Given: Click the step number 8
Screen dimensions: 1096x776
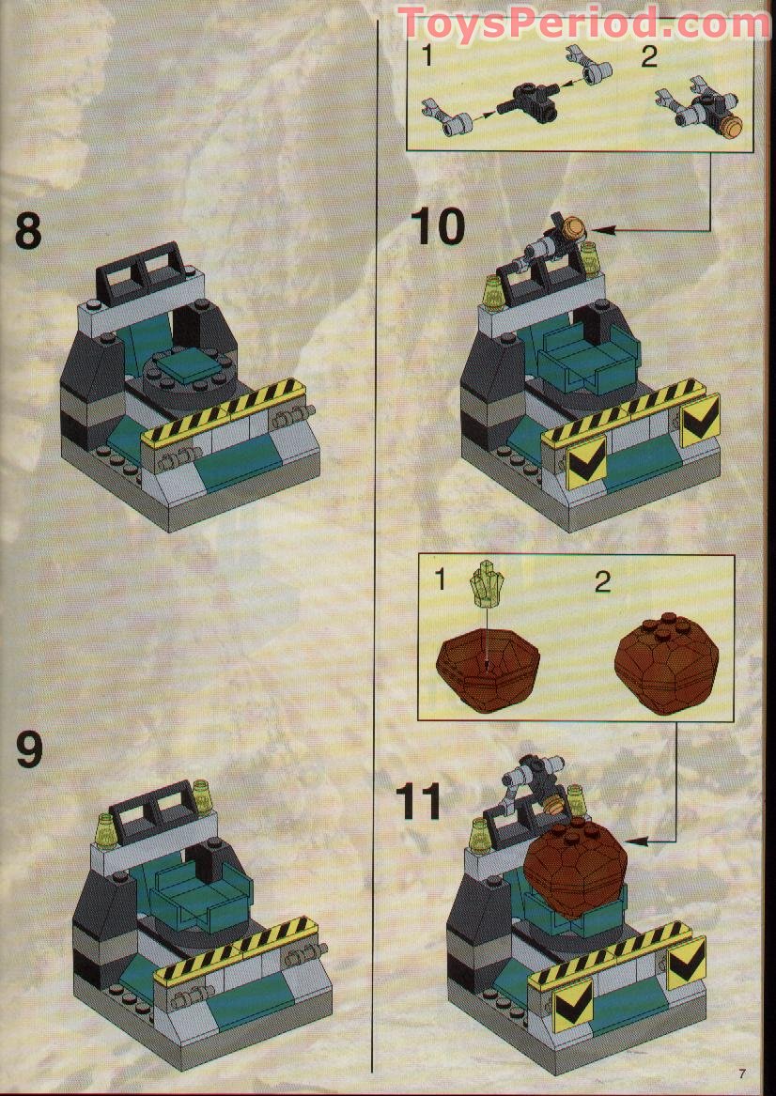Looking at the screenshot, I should [x=28, y=231].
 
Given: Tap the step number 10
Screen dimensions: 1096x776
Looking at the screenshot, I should [x=437, y=226].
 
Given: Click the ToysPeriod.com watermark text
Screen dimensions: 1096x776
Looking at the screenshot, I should [x=582, y=23].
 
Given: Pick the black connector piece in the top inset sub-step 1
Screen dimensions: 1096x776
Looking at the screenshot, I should [x=529, y=97].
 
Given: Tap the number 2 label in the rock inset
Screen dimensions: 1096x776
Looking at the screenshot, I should [x=603, y=581].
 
